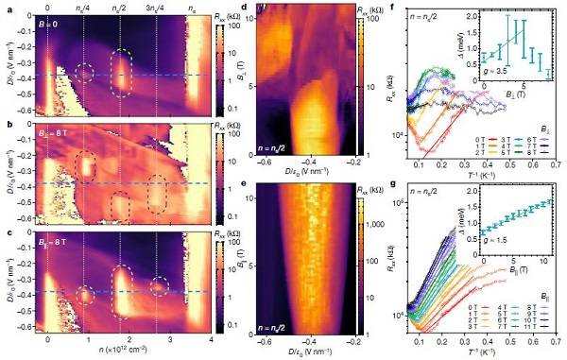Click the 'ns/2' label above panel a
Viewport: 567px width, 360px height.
[119, 8]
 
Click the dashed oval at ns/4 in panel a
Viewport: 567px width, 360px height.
[85, 73]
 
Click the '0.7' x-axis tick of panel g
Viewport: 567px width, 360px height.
[555, 337]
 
